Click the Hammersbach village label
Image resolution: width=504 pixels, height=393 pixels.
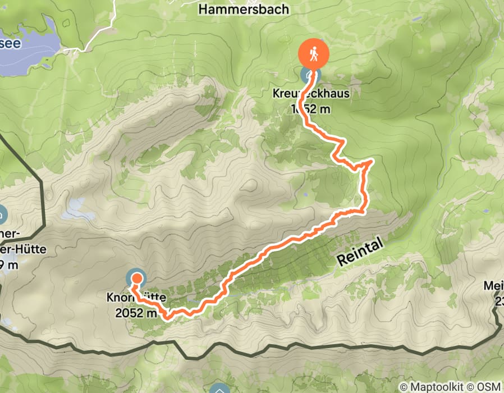point(244,9)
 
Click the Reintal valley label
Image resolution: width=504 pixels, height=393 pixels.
point(360,251)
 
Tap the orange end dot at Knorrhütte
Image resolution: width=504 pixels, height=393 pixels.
point(136,277)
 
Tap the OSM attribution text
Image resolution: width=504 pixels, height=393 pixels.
point(490,387)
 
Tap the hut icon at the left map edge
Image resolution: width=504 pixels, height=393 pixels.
point(2,214)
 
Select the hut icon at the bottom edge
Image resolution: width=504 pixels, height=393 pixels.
point(218,389)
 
